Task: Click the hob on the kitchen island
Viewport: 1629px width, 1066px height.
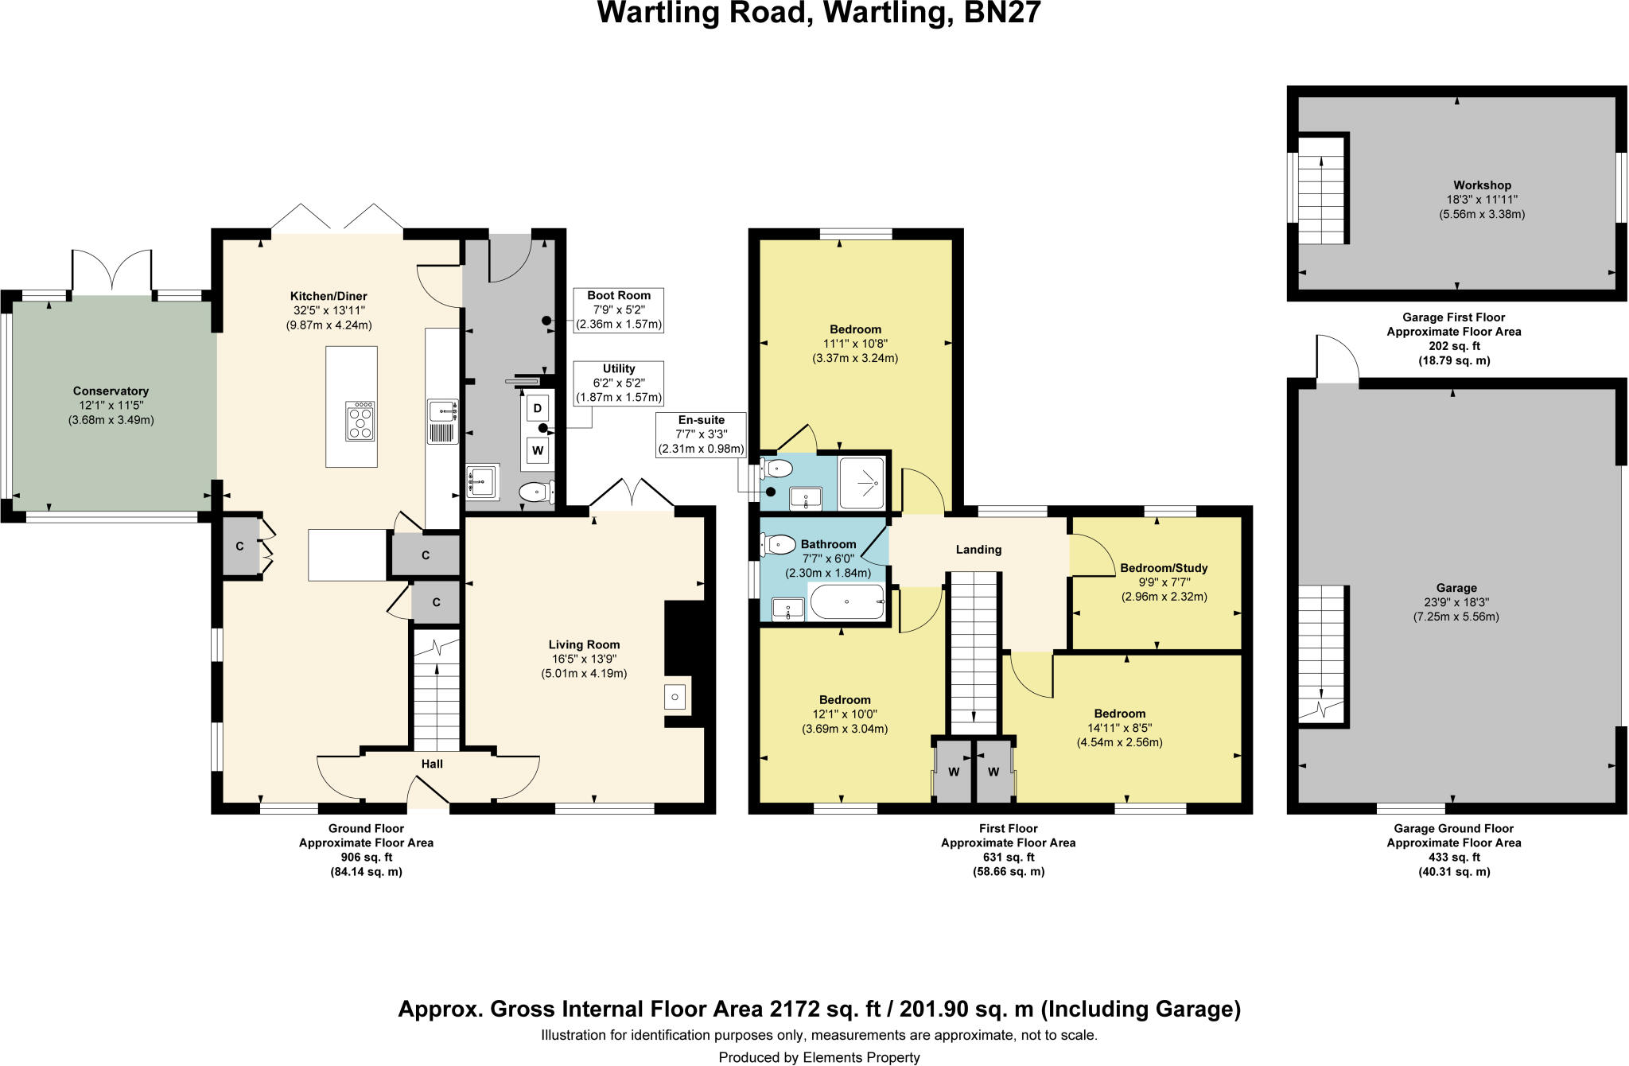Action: (x=361, y=421)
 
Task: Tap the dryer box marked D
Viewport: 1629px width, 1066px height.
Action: (x=538, y=409)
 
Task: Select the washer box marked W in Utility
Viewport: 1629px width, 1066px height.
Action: (x=538, y=451)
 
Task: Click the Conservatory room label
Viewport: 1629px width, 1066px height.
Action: (x=111, y=391)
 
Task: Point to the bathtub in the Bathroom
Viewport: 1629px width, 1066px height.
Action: (x=847, y=602)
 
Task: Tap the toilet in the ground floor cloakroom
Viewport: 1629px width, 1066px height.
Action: (x=537, y=493)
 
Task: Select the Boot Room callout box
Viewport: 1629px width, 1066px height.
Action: (x=619, y=309)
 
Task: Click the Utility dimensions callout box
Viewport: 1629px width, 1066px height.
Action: (x=619, y=383)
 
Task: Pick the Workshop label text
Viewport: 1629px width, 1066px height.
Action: (x=1482, y=185)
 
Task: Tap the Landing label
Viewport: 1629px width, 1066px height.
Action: (x=978, y=550)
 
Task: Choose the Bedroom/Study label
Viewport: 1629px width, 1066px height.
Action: (x=1164, y=568)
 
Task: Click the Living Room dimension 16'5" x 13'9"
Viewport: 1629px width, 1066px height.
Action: (x=583, y=659)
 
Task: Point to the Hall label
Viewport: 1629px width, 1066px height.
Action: (x=432, y=764)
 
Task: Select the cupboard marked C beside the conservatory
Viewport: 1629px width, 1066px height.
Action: (x=239, y=546)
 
